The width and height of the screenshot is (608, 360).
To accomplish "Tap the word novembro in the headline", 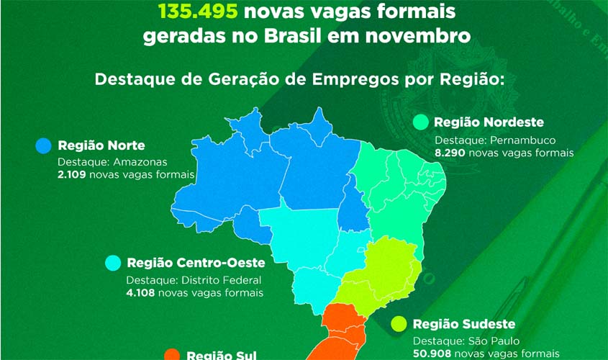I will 421,36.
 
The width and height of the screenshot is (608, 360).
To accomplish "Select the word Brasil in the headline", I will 312,36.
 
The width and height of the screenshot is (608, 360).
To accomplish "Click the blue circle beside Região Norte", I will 44,146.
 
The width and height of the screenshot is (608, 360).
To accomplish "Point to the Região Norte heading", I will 101,145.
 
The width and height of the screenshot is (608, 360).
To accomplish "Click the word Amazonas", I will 142,162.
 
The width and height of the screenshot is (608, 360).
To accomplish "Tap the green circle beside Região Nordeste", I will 421,122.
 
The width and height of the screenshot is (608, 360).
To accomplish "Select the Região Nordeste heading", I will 489,122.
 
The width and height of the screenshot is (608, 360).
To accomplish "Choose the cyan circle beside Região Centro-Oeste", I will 113,263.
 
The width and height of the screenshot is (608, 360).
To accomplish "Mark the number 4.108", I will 140,293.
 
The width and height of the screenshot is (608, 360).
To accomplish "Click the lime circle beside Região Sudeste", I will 399,325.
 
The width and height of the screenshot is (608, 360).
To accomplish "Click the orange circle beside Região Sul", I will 172,355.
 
